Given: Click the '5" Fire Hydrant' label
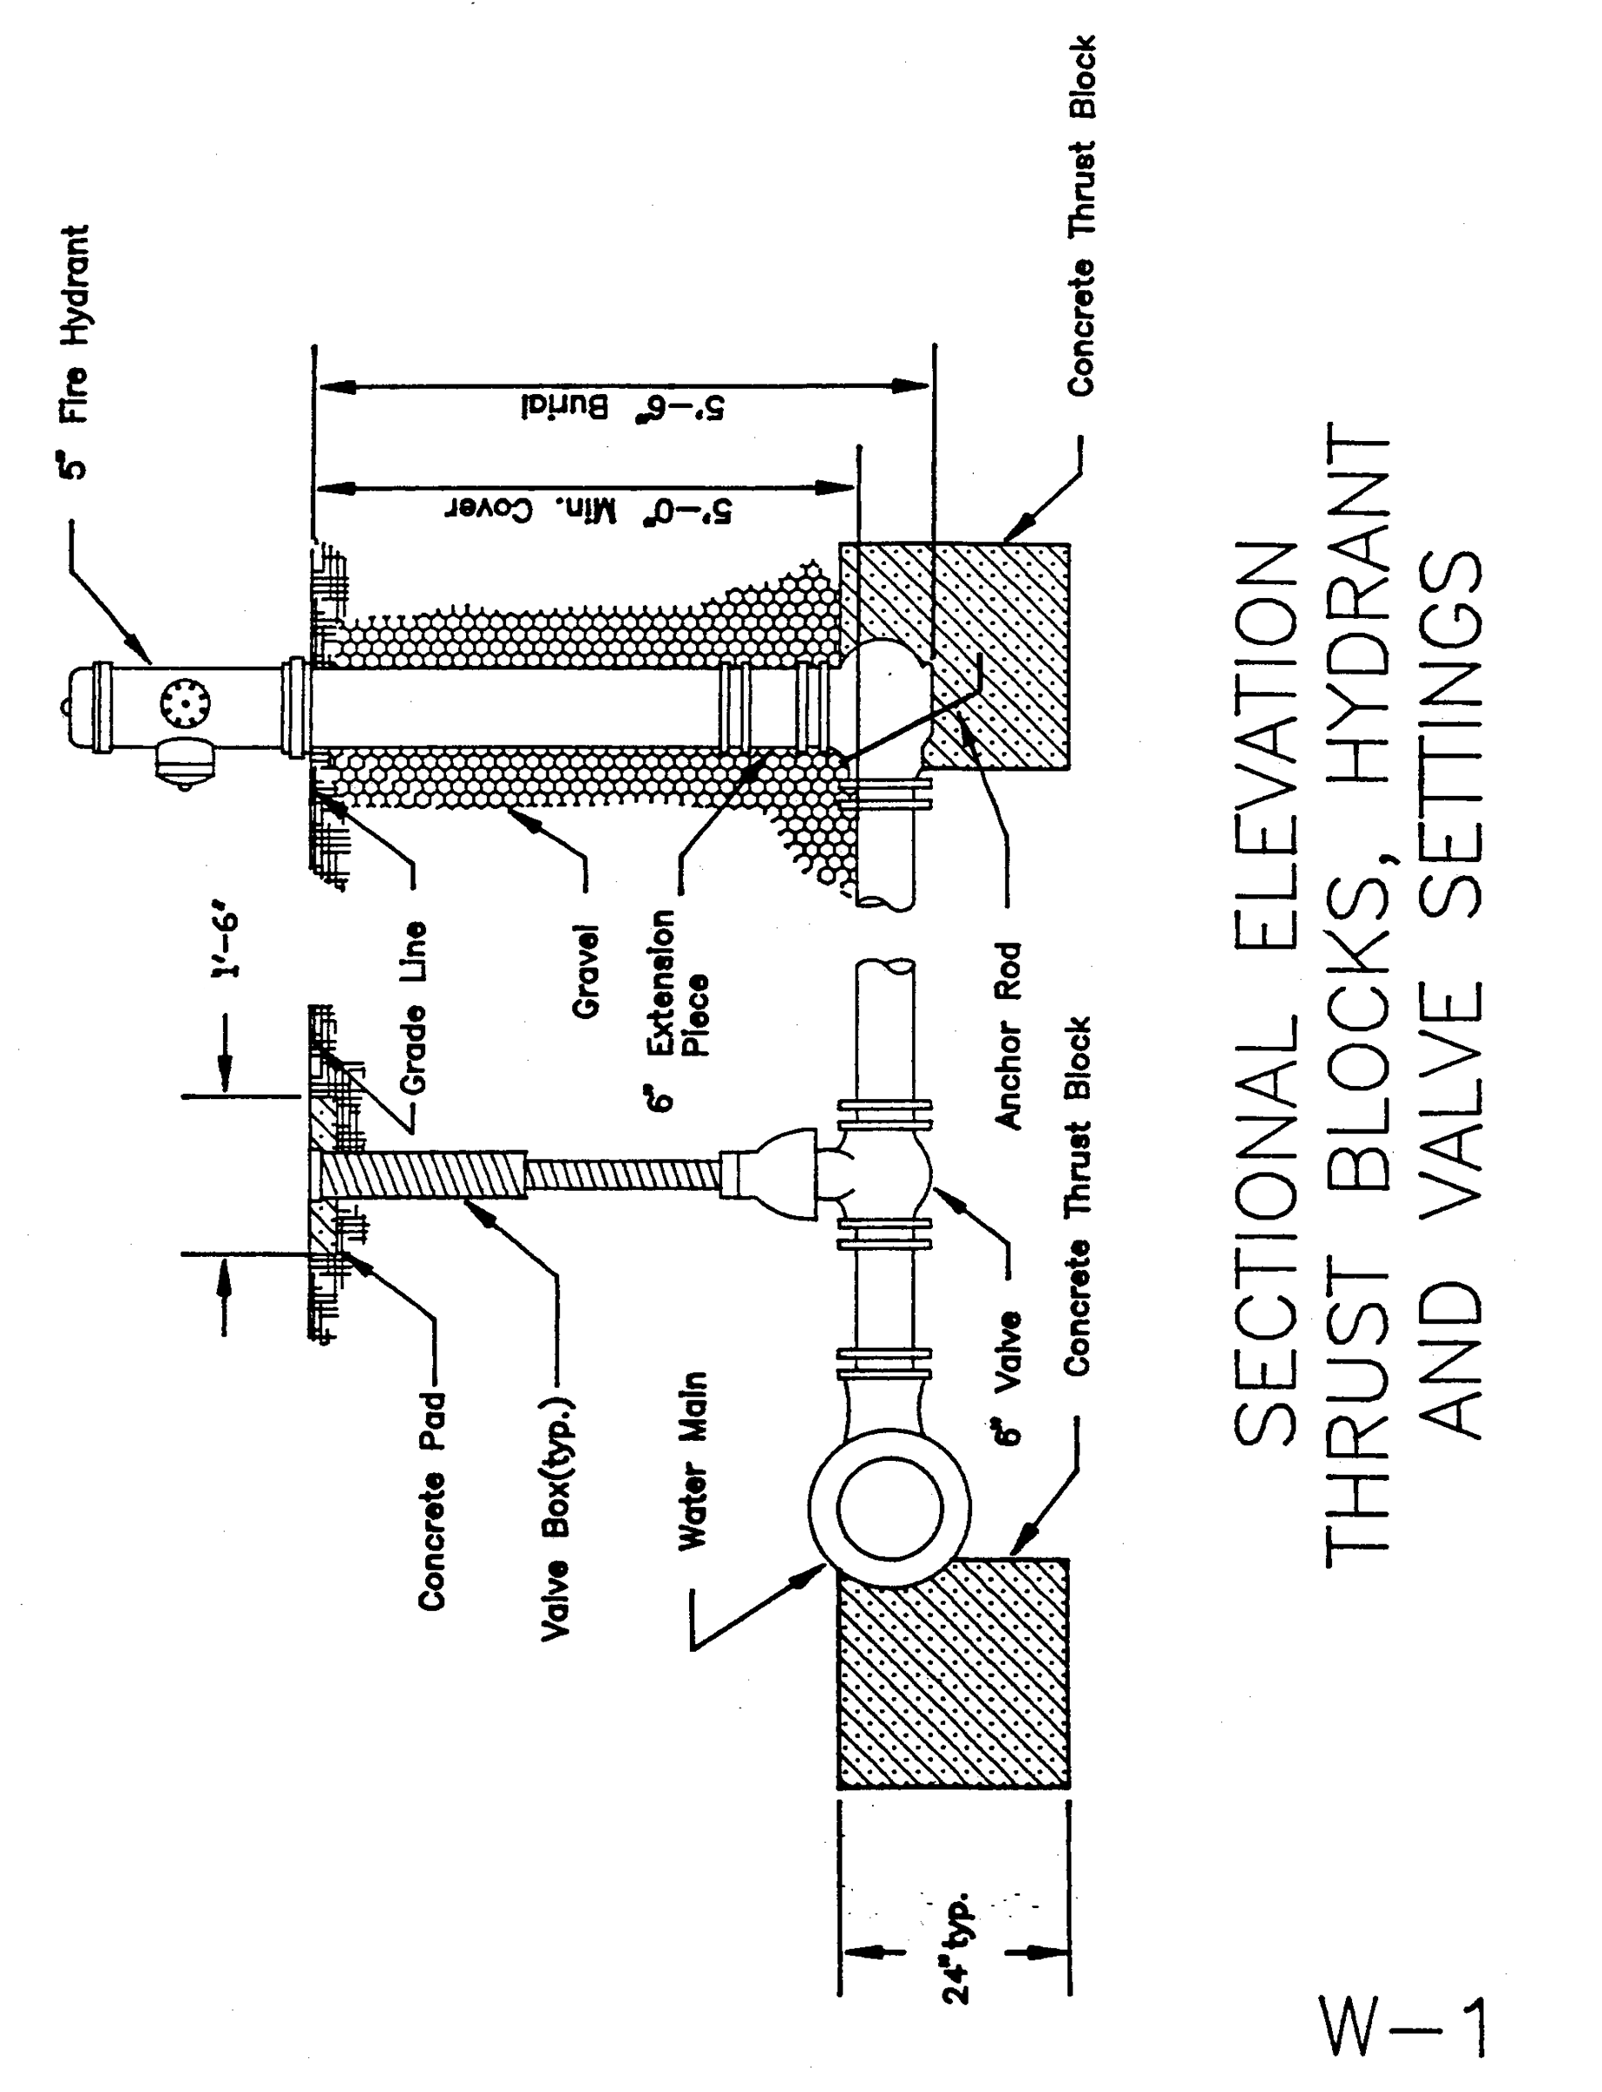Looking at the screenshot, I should (x=74, y=353).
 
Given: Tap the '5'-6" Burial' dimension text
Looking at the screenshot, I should (x=622, y=405).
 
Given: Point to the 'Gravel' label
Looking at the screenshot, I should (x=584, y=971).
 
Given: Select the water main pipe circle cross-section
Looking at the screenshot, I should (x=889, y=1507).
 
